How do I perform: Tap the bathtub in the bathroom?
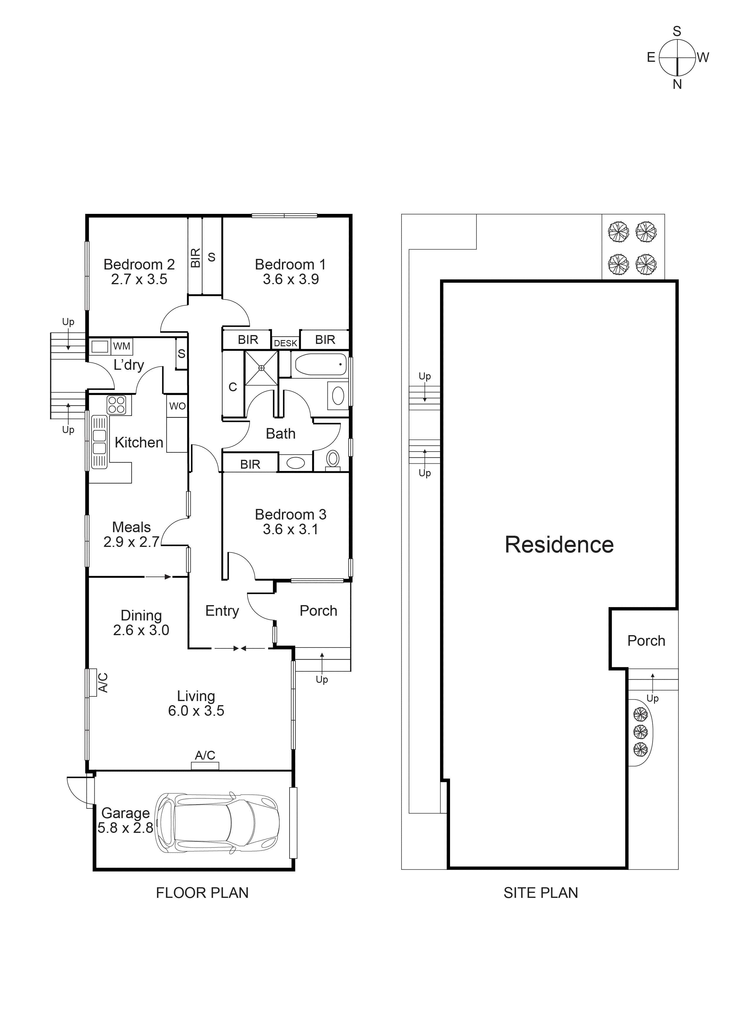click(319, 364)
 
